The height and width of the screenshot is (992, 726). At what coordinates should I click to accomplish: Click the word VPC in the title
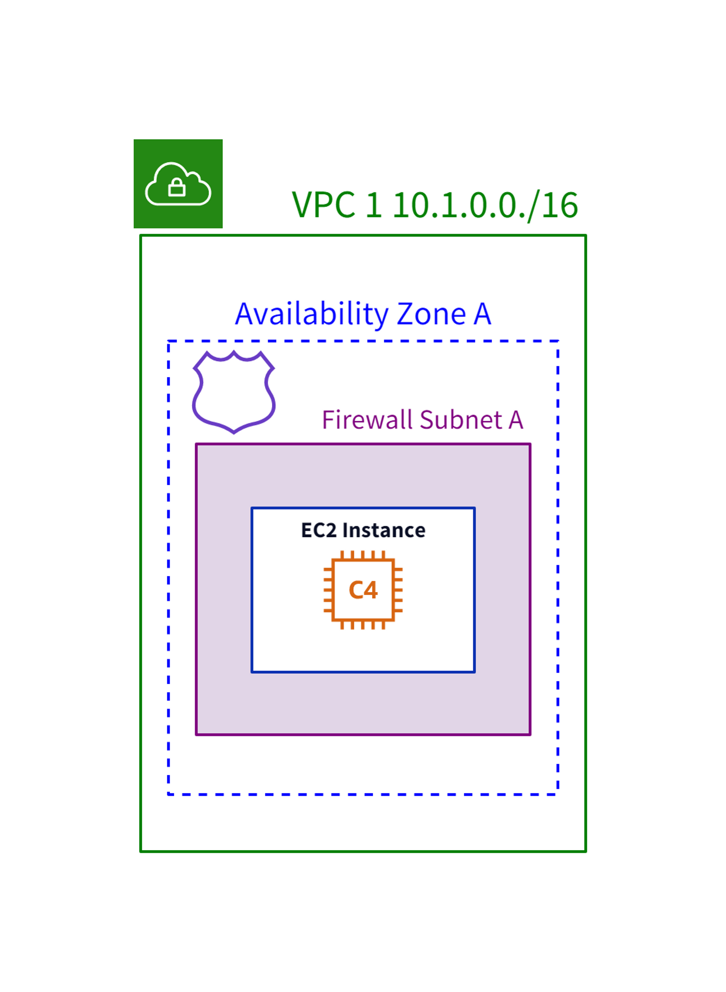[x=323, y=205]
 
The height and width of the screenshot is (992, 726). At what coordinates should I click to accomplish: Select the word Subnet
[x=461, y=420]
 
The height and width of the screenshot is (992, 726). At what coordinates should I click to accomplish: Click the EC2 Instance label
[x=363, y=530]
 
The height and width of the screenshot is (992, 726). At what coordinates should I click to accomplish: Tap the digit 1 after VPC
[x=374, y=205]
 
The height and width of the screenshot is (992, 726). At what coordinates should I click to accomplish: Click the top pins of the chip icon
[x=363, y=555]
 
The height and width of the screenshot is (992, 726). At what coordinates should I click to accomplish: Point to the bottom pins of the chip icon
[x=363, y=625]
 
